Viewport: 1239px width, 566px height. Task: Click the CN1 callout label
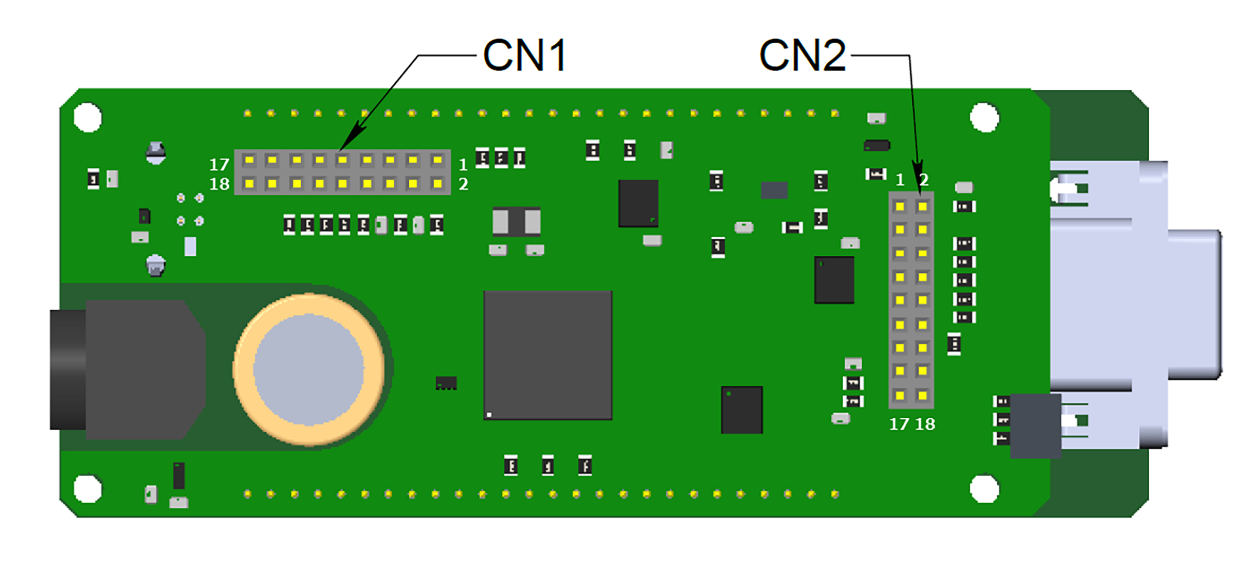tap(524, 55)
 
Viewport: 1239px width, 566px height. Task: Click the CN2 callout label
tap(802, 55)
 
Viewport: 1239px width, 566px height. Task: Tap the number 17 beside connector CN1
tap(219, 165)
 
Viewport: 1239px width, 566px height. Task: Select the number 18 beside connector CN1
tap(219, 184)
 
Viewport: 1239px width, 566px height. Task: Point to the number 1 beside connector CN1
tap(463, 165)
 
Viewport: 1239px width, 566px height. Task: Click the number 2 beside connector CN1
tap(463, 184)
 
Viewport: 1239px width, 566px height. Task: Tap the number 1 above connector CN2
tap(900, 180)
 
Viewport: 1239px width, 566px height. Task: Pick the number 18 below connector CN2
tap(925, 424)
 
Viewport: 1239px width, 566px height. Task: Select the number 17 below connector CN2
tap(899, 424)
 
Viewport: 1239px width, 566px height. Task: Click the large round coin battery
tap(308, 369)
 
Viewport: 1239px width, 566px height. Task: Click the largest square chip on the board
tap(548, 355)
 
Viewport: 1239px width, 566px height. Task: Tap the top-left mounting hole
tap(88, 118)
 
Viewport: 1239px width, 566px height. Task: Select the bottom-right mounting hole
tap(984, 488)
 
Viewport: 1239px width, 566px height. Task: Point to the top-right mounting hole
tap(984, 118)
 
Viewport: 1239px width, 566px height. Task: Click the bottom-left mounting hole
tap(88, 488)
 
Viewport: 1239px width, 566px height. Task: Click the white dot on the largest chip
tap(489, 414)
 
